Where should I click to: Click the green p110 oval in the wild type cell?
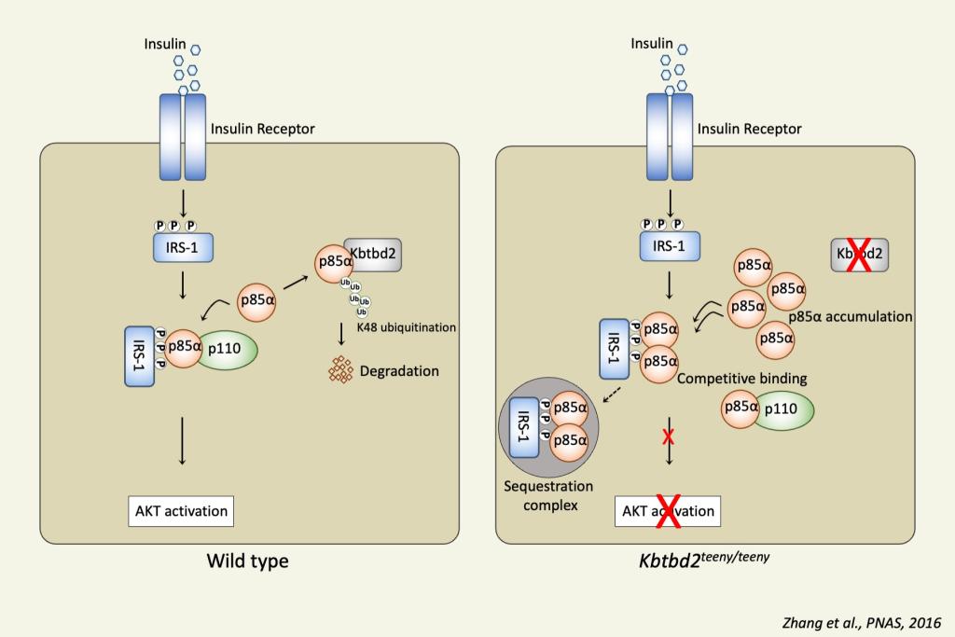227,347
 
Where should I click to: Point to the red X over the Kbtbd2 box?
859,255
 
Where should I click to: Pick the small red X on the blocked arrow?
669,436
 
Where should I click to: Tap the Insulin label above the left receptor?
164,44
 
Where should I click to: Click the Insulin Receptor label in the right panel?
749,129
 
